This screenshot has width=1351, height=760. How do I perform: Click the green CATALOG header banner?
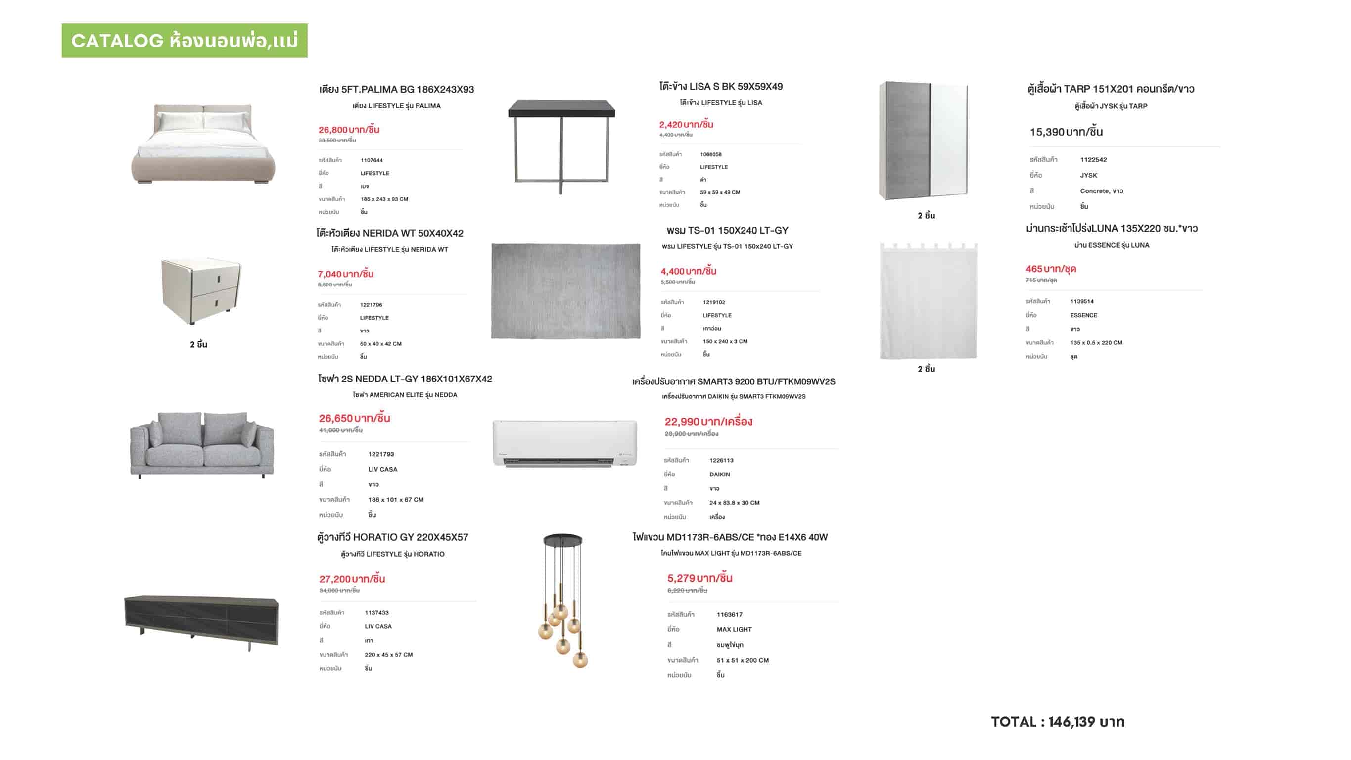pos(184,41)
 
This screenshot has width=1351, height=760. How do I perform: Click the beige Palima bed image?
pos(202,143)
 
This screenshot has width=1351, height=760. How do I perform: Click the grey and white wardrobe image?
pos(923,141)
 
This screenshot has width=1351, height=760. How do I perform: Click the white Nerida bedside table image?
pos(200,289)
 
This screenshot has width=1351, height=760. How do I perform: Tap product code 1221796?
pos(371,305)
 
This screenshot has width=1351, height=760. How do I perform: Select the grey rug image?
pos(565,290)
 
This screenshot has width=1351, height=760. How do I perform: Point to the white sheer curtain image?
pos(928,302)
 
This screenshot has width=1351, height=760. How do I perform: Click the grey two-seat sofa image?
pos(202,444)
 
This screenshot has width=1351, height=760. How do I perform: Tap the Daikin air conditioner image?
pos(565,443)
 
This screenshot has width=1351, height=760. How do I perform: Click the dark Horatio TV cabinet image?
pos(201,620)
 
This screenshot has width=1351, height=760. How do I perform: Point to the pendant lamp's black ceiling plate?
pos(562,539)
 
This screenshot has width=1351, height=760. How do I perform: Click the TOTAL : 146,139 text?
pos(1057,722)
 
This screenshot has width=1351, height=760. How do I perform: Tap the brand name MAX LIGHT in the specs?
pos(734,629)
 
